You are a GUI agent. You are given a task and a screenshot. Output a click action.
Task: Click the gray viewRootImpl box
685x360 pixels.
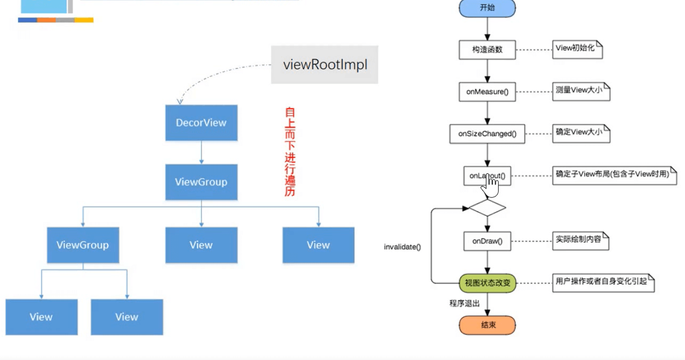[324, 65]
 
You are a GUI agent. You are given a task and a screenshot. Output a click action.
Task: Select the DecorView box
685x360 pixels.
[201, 123]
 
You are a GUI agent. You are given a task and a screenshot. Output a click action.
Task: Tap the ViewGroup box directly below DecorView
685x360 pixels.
[201, 182]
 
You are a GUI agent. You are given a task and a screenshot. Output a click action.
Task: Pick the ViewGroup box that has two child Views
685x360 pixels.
[82, 245]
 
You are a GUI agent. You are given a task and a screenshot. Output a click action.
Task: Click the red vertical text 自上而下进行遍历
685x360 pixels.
[290, 152]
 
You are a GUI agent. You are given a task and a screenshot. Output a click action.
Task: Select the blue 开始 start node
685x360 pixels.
[487, 8]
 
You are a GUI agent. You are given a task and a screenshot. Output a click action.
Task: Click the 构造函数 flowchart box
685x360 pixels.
[487, 50]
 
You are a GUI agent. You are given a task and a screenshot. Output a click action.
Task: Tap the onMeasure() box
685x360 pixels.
[487, 92]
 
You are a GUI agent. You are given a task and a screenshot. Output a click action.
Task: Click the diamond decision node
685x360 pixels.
[487, 208]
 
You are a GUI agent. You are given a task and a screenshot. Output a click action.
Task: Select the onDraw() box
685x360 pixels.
[487, 241]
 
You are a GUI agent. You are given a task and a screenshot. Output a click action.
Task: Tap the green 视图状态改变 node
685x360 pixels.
[487, 283]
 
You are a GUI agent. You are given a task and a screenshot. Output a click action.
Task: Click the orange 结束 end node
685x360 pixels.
[487, 325]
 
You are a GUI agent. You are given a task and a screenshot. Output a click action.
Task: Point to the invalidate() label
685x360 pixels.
[402, 247]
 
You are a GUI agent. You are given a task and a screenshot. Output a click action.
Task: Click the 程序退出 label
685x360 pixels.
[464, 303]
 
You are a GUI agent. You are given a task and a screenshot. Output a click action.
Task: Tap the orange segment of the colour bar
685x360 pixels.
[46, 20]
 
